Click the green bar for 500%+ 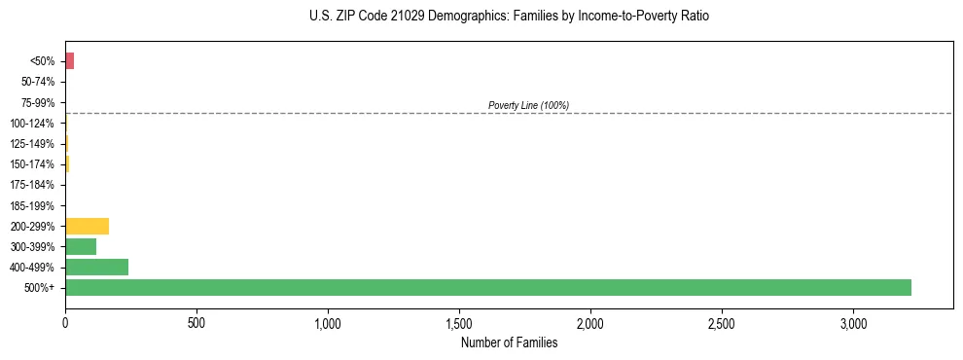(x=487, y=287)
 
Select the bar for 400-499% (x=96, y=267)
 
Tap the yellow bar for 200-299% (x=87, y=226)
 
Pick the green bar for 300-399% (x=81, y=246)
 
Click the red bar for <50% (x=69, y=61)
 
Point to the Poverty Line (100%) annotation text (x=528, y=105)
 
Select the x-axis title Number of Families (x=509, y=342)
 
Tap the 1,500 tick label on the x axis (x=459, y=322)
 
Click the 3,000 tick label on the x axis (x=853, y=322)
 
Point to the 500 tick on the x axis (x=196, y=322)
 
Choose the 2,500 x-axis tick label (x=722, y=322)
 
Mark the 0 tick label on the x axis (x=65, y=322)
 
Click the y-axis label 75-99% (x=38, y=102)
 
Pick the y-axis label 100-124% (x=33, y=124)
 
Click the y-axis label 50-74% (x=38, y=82)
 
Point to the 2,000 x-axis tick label (x=590, y=322)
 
